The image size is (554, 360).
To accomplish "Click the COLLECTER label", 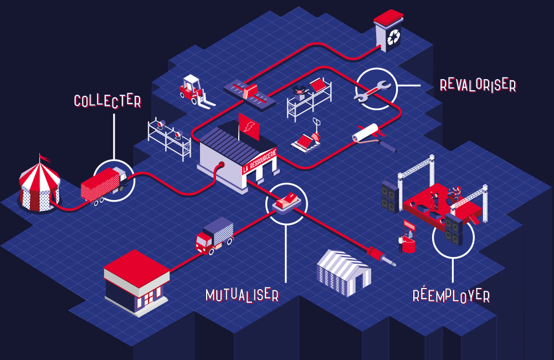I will coord(107,100).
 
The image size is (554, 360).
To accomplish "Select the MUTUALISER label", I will coord(242,294).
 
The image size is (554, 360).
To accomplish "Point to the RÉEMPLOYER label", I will coord(452,295).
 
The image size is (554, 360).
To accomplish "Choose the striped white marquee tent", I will coord(343,272).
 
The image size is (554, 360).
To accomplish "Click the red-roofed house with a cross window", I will coord(137,282).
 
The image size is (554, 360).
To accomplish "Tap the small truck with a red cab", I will coord(214,235).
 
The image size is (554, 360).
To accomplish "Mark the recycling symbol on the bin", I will coord(394,37).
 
